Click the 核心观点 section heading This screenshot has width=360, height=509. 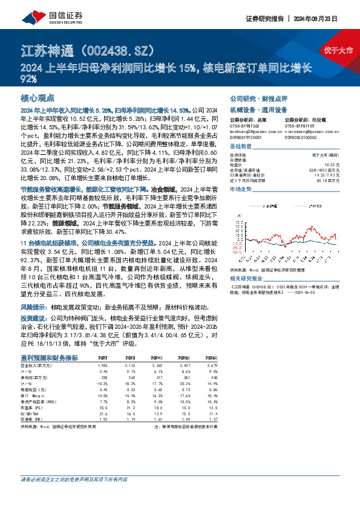tap(38, 97)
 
